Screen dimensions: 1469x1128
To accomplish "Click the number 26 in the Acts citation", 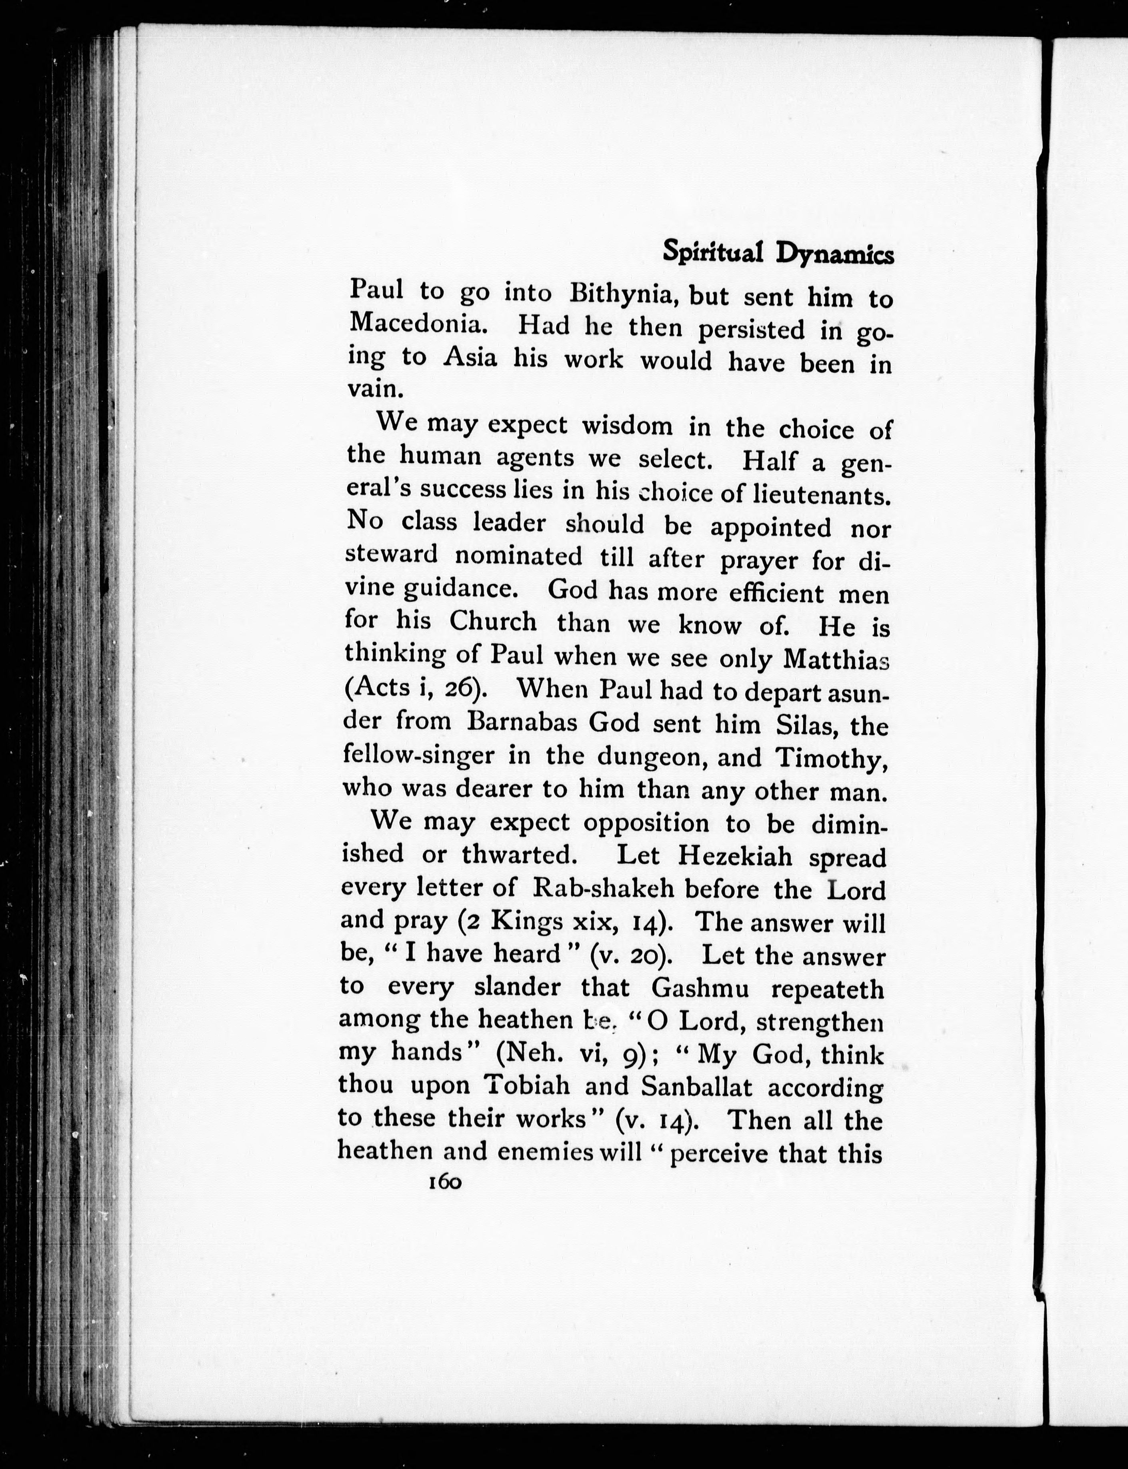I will pos(458,690).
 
